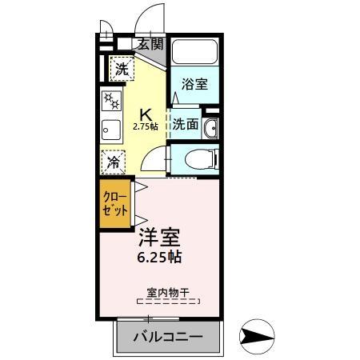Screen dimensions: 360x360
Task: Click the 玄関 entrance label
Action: (150, 44)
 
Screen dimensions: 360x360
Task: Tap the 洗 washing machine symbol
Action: (122, 69)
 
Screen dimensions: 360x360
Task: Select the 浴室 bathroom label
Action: (194, 84)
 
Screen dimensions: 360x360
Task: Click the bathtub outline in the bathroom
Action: (195, 54)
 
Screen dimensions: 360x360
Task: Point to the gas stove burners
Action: (111, 102)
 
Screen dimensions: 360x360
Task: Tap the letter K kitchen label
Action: (146, 113)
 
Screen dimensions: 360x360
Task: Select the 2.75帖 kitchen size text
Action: (146, 126)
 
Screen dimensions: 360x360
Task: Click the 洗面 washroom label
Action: (186, 124)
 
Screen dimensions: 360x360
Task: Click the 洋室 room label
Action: (160, 238)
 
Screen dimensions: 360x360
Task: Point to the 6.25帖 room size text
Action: (160, 258)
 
